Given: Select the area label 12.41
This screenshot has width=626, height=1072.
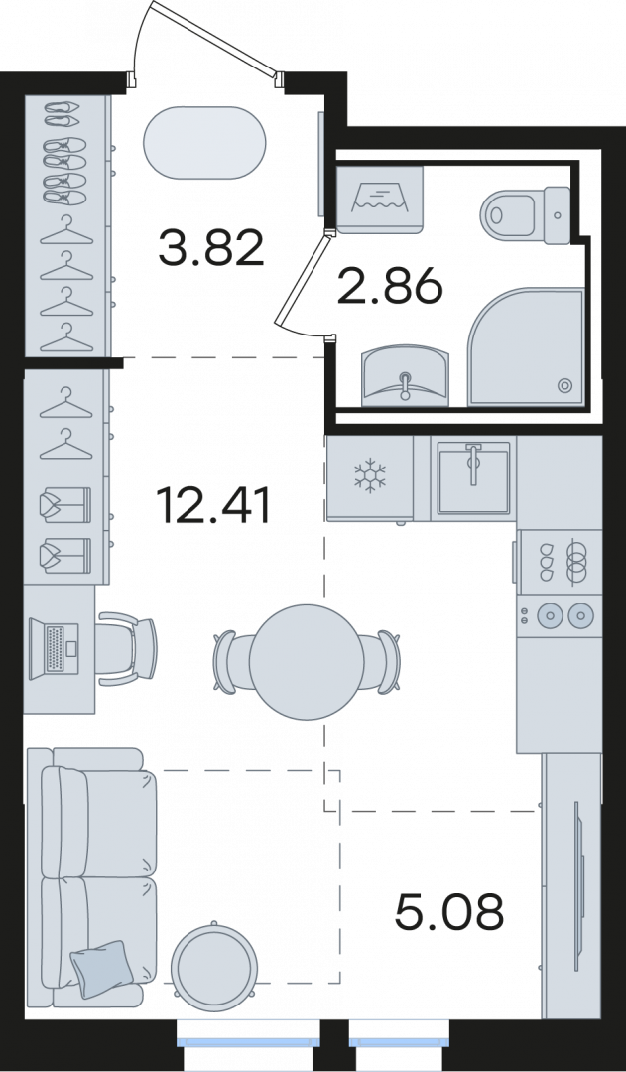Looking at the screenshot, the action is click(x=213, y=505).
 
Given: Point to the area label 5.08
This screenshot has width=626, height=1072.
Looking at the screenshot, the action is click(x=449, y=911).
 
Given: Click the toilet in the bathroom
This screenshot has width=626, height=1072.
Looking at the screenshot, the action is click(x=526, y=214).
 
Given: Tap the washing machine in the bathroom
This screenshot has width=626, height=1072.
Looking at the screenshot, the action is click(x=380, y=199).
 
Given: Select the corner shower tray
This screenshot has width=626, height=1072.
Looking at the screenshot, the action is click(x=526, y=347).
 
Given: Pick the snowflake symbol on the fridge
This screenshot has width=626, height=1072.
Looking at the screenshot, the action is click(x=370, y=475).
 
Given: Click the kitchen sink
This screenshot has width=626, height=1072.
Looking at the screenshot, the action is click(x=473, y=477).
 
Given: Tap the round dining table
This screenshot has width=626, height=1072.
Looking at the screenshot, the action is click(x=307, y=662).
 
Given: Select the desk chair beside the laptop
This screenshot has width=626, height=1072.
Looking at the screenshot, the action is click(x=126, y=649).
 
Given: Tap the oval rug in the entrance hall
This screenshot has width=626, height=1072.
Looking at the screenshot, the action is click(x=204, y=143).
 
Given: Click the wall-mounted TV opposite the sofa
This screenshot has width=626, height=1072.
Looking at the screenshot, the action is click(x=579, y=885).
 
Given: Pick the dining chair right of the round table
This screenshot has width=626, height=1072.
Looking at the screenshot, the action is click(x=381, y=662).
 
